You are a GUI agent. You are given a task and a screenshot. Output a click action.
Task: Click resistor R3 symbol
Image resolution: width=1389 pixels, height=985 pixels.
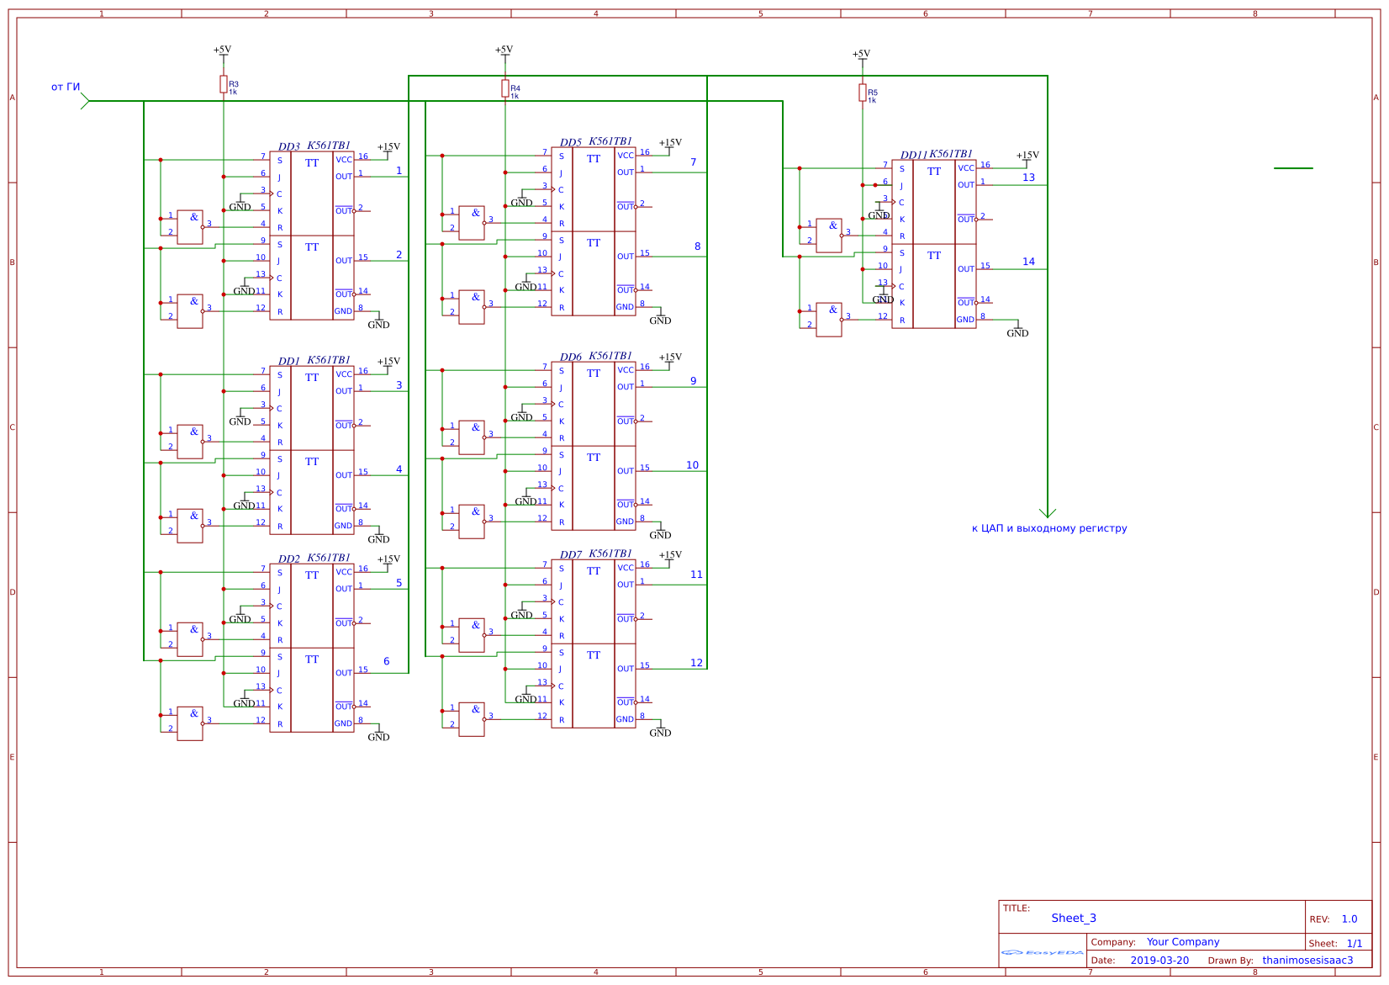point(224,83)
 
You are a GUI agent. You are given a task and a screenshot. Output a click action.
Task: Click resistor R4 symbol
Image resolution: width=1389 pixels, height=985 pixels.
point(505,88)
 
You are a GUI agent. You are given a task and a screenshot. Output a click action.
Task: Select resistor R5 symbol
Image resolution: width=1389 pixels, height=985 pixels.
point(862,93)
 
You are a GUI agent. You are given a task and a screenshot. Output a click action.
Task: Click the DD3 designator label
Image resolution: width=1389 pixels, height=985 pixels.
point(288,146)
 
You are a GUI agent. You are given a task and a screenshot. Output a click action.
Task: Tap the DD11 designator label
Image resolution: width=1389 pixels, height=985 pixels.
point(913,155)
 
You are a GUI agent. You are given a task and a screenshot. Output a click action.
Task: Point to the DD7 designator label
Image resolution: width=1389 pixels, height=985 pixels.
point(570,554)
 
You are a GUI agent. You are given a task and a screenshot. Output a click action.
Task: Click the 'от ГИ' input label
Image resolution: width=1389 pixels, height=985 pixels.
point(66,87)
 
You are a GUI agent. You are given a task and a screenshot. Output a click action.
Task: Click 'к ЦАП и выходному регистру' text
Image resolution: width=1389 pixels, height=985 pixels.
point(1048,528)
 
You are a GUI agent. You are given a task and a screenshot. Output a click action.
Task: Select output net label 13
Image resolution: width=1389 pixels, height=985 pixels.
point(1028,177)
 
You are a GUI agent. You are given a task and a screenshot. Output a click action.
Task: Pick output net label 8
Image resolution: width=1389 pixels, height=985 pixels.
point(697,246)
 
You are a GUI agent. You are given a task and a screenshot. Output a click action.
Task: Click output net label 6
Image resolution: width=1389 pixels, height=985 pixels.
point(386,661)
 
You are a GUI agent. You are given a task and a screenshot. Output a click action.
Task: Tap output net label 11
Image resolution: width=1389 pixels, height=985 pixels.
point(696,575)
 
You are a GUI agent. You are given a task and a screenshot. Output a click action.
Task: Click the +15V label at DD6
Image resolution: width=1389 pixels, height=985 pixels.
point(670,357)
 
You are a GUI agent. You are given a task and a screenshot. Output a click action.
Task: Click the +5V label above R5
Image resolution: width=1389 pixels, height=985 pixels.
point(861,54)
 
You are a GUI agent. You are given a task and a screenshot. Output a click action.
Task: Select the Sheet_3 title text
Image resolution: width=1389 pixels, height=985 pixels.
point(1073,918)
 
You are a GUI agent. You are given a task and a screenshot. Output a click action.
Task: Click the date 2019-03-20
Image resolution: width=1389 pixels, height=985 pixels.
point(1159,960)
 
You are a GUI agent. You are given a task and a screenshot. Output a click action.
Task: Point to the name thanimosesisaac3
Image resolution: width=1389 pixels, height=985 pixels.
point(1307,960)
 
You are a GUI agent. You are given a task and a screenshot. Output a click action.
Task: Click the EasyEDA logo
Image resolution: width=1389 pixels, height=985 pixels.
point(1042,952)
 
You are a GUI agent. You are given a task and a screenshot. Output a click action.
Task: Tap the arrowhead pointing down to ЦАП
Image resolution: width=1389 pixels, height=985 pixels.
point(1047,512)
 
